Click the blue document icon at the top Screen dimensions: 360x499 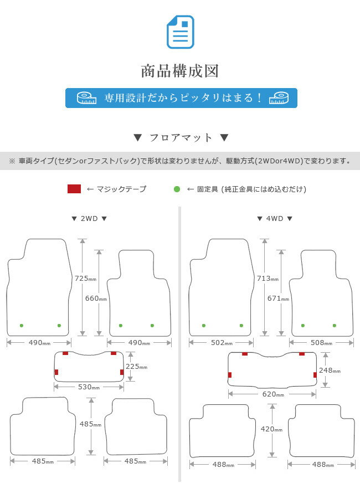coord(180,32)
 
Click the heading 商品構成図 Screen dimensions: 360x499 coord(180,71)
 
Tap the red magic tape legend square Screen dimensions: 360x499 coord(74,189)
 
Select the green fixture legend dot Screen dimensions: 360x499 coord(177,189)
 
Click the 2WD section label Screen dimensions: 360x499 coord(89,219)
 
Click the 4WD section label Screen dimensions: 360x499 coord(275,219)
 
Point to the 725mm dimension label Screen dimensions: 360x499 coord(85,279)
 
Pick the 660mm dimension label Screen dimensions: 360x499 coord(96,299)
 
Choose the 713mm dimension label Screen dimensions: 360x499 coord(268,279)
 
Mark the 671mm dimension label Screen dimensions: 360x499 coord(278,299)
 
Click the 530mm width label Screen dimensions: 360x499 coord(89,387)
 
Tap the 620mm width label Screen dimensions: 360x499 coord(273,394)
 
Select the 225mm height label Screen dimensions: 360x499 coord(137,367)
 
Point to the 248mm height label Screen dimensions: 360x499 coord(330,371)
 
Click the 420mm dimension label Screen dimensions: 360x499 coord(271,429)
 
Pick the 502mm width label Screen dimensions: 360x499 coord(222,343)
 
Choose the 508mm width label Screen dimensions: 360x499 coord(321,343)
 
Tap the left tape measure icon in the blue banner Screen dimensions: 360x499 coord(86,98)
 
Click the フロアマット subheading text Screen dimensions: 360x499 coord(181,137)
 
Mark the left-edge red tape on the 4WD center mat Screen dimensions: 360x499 coord(230,375)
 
